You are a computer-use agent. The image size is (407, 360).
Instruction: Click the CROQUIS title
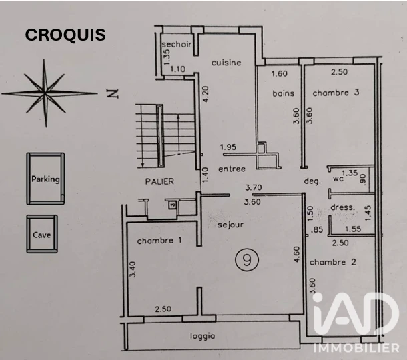65,35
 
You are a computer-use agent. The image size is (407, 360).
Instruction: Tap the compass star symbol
45,93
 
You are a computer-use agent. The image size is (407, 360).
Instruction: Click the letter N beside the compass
113,93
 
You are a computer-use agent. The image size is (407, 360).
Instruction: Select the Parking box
45,179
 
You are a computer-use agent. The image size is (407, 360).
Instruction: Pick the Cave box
42,234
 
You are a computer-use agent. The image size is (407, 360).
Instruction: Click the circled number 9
247,259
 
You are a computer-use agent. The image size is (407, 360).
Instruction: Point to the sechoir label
177,45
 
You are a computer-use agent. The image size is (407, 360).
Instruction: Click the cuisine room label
226,63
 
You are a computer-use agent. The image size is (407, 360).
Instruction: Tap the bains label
284,93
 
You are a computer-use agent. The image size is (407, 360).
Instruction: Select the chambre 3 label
336,93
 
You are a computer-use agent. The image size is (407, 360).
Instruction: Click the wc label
338,179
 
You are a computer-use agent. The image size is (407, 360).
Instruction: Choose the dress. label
343,207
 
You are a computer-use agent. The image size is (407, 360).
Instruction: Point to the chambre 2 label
333,262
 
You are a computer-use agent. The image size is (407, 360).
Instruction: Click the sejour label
230,225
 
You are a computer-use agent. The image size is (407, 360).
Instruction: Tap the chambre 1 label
159,241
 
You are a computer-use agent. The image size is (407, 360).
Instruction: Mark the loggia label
203,337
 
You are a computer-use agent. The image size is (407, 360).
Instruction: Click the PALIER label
159,181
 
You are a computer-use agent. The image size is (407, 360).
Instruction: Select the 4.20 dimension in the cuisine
206,94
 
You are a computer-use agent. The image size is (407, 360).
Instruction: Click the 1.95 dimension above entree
228,147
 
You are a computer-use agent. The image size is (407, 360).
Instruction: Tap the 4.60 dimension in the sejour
296,255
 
